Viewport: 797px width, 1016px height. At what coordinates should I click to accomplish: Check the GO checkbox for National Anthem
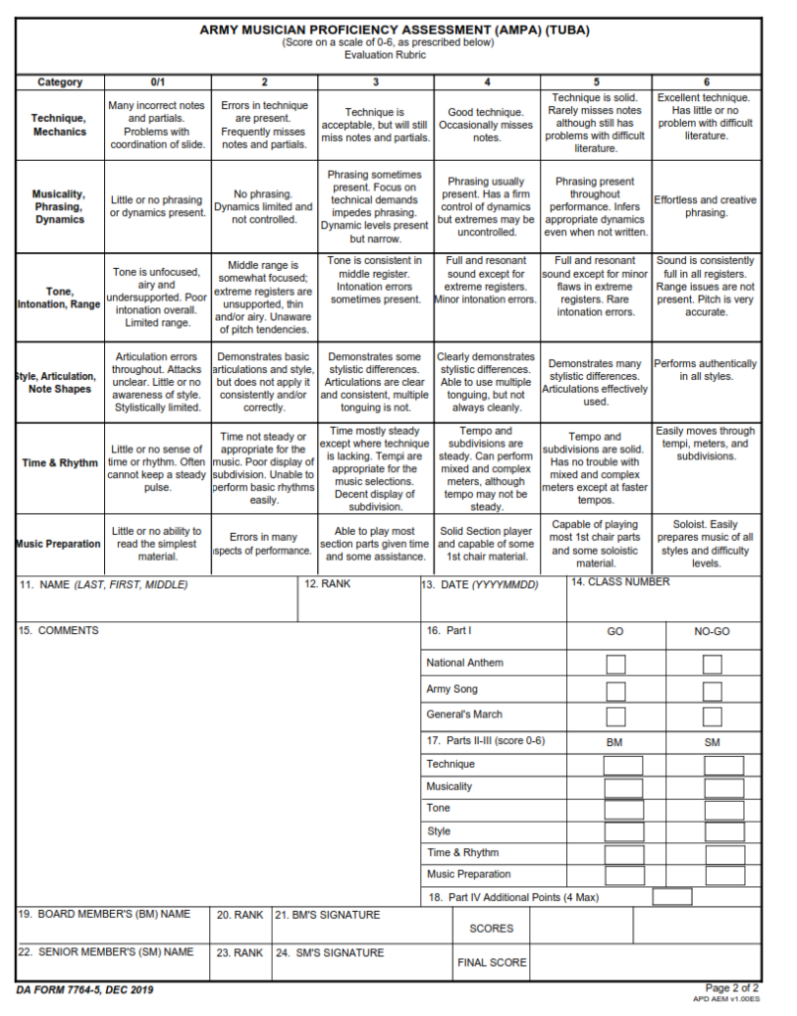[x=616, y=665]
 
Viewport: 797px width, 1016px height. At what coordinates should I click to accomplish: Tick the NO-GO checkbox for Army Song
[x=712, y=691]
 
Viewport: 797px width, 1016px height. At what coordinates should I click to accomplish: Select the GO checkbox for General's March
[x=616, y=716]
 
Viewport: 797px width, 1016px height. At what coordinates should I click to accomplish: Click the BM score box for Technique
[x=624, y=765]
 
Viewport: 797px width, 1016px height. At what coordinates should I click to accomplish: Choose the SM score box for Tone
[x=725, y=810]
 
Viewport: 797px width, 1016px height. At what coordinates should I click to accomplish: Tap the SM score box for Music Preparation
[x=725, y=876]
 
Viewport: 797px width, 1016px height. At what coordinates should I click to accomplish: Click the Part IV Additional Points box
[x=672, y=897]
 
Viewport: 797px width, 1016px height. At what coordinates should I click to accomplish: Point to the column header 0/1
[x=158, y=82]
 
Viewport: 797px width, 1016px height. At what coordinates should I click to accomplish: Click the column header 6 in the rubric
[x=707, y=82]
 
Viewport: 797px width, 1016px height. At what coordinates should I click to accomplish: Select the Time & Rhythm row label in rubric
[x=59, y=463]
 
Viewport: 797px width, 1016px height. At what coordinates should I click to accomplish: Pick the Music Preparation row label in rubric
[x=58, y=544]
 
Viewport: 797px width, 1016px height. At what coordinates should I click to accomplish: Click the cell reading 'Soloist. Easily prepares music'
[x=707, y=544]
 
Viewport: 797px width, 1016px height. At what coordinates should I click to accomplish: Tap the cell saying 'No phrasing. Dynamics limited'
[x=265, y=206]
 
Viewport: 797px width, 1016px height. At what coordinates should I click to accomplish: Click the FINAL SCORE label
[x=492, y=962]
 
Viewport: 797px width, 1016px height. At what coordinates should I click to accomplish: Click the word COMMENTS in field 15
[x=68, y=631]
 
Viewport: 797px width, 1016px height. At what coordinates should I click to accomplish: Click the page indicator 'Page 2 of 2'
[x=733, y=987]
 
